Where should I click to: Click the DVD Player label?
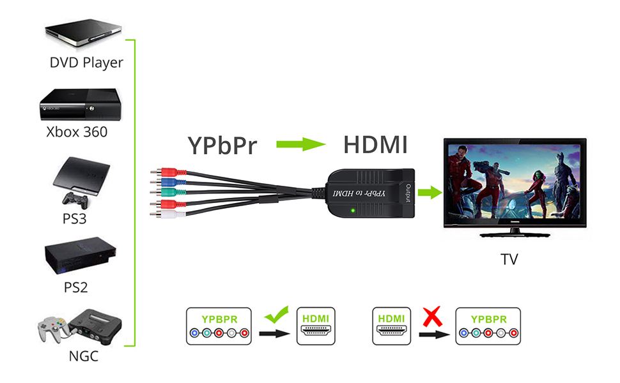[x=86, y=63]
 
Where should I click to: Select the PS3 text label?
[x=75, y=218]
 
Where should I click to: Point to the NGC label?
[x=83, y=356]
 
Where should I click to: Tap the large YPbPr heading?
[x=222, y=145]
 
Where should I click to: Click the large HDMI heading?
[x=375, y=145]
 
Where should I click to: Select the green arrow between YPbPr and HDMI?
[x=301, y=145]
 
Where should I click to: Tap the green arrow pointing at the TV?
[x=433, y=191]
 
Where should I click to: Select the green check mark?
[x=277, y=313]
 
